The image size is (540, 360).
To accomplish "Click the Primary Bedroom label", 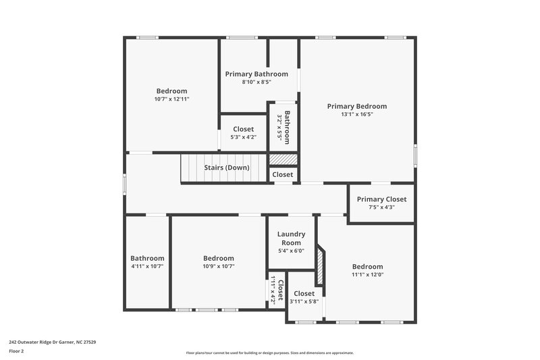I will [356, 106].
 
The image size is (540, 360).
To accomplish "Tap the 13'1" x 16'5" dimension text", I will [356, 115].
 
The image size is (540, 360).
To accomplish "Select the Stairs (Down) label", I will [227, 168].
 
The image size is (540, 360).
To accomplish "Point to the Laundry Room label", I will [291, 238].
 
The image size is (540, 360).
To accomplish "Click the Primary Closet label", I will [381, 199].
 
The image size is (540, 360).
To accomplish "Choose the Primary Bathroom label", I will [256, 74].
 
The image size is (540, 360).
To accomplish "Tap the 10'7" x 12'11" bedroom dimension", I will [171, 99].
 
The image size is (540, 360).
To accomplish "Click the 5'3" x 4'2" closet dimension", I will [244, 137].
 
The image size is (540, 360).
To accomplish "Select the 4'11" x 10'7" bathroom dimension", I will [147, 267].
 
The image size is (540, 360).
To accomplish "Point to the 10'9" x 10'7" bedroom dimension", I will [219, 267].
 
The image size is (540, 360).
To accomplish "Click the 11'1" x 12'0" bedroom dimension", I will [367, 275].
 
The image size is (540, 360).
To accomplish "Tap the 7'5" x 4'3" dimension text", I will [381, 207].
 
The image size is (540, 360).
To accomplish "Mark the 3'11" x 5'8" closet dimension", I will [304, 302].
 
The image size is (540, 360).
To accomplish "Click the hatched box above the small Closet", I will [283, 159].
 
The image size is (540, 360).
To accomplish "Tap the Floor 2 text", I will [16, 351].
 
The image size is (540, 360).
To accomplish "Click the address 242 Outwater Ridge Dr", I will [52, 342].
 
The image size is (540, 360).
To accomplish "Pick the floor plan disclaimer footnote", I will [269, 353].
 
